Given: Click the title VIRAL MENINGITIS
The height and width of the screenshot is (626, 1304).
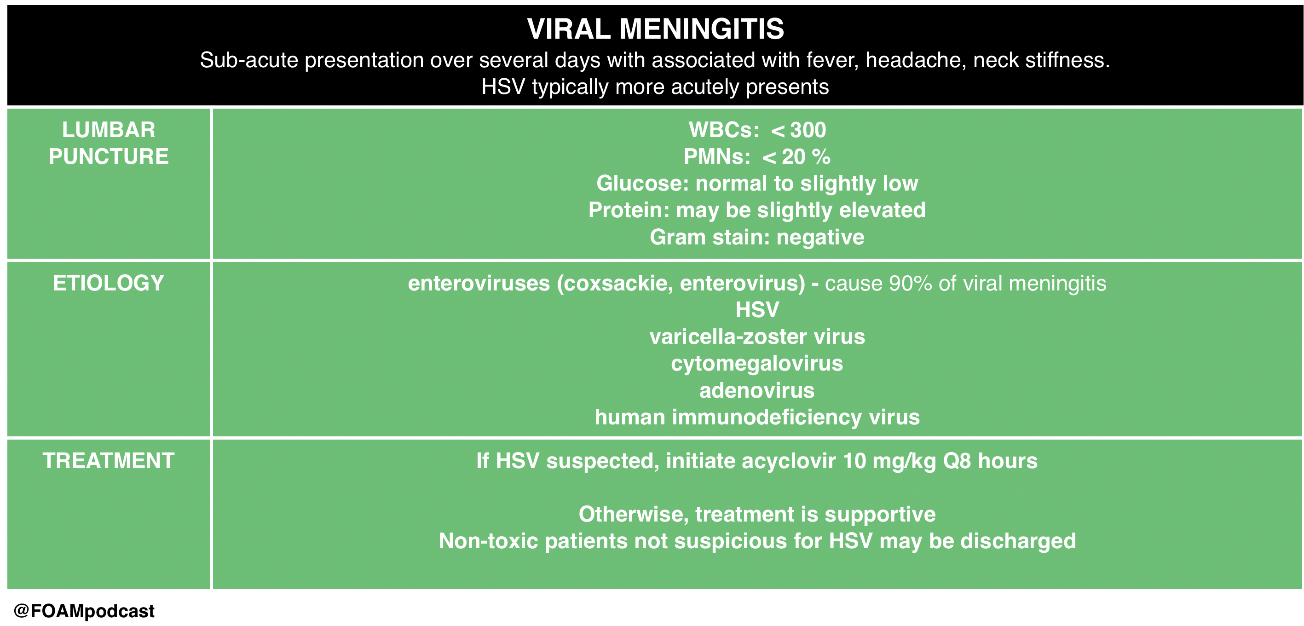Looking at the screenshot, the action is click(656, 29).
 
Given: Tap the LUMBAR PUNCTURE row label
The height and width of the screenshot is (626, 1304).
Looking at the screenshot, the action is click(109, 143).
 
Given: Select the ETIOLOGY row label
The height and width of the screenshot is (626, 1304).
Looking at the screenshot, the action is click(109, 283).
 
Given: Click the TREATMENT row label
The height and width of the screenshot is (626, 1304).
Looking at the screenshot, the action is click(109, 460).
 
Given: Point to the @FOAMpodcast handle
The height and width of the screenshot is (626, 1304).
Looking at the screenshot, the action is click(84, 611).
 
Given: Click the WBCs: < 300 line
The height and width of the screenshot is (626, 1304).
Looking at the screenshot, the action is click(757, 130).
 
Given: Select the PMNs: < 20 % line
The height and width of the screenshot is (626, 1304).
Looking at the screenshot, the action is click(757, 156).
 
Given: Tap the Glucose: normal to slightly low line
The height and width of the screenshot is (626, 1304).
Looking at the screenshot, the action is click(757, 183).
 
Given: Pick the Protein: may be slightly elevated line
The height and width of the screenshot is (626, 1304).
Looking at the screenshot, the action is click(757, 210).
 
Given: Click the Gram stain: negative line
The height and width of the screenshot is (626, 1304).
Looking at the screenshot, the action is click(757, 237).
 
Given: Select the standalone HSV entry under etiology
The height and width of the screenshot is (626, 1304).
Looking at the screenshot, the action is click(757, 309).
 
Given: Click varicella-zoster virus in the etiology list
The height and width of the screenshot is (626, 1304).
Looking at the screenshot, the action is click(757, 336).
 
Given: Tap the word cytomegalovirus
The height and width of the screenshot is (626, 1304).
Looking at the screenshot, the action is click(757, 363).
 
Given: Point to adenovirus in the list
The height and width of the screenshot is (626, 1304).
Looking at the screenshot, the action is click(757, 390).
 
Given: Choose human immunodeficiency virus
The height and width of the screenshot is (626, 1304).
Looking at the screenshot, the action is click(757, 417).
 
